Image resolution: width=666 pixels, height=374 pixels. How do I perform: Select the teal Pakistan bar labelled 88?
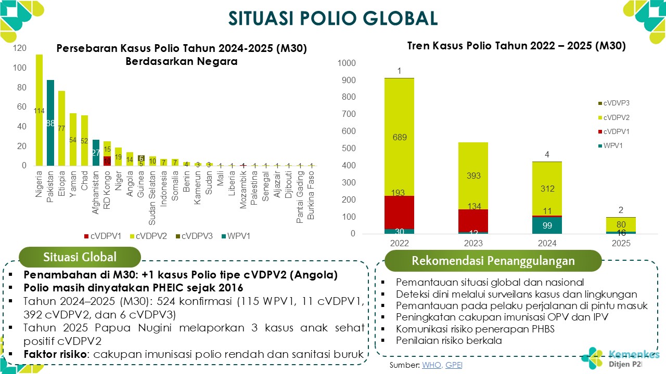(50, 123)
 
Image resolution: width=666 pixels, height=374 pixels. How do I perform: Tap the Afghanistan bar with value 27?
(96, 153)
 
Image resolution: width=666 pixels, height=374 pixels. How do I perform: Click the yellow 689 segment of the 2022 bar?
(400, 137)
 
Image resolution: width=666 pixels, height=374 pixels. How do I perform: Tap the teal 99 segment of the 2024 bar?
(547, 225)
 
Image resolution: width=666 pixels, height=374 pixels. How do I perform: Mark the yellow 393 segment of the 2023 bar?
(473, 176)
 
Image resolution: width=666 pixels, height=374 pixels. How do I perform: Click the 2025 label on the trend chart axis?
(621, 243)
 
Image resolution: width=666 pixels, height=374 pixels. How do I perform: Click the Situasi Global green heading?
(80, 257)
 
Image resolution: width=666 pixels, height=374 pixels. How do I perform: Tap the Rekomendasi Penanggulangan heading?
(493, 261)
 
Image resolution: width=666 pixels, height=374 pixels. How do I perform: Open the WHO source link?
(431, 365)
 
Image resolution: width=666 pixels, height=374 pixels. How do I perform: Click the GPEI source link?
(454, 365)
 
